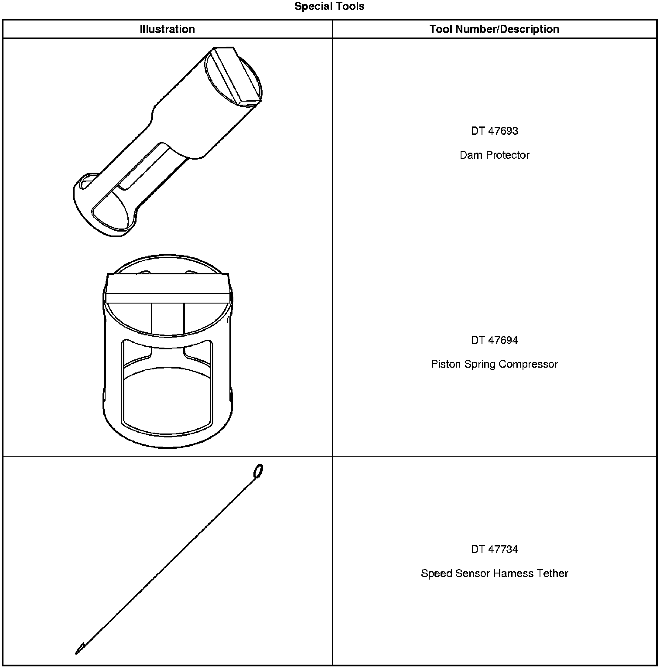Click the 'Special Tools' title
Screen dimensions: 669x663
[329, 7]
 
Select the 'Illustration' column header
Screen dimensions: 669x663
[167, 29]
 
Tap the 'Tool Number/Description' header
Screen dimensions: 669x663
[494, 29]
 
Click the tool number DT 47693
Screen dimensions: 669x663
[494, 131]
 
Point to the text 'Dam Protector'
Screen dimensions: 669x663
[494, 155]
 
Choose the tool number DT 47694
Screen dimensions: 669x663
[494, 340]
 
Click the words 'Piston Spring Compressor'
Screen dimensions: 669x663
[494, 364]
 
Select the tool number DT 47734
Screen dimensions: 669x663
[494, 549]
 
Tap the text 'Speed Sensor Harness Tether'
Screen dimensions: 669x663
[494, 573]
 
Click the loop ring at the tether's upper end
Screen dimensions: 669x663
[258, 471]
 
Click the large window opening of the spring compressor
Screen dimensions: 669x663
[167, 399]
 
